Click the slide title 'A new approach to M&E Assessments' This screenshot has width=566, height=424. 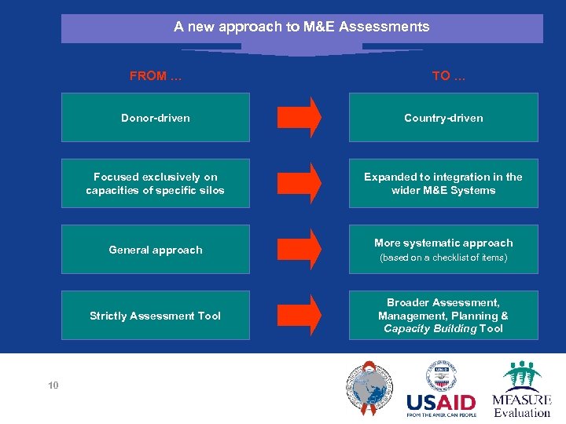302,27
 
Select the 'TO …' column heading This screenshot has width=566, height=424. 448,76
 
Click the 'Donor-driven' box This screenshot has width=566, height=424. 156,118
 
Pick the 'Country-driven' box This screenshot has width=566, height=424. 443,118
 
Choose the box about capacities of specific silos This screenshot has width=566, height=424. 156,184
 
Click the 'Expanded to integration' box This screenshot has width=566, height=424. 443,184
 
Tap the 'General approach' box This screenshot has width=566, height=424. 156,250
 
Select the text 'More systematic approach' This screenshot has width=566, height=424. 443,243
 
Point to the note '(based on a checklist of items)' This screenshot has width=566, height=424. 443,258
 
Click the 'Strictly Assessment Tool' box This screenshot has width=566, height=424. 156,316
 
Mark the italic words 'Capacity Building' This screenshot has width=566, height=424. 430,329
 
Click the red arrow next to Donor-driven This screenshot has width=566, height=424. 300,118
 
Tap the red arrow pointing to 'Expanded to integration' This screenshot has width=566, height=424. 300,184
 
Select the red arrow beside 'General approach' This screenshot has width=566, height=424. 300,250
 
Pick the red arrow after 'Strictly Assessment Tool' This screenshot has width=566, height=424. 300,316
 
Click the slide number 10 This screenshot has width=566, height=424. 53,386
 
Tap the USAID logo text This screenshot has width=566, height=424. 441,404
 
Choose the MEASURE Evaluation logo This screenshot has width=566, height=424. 522,389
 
